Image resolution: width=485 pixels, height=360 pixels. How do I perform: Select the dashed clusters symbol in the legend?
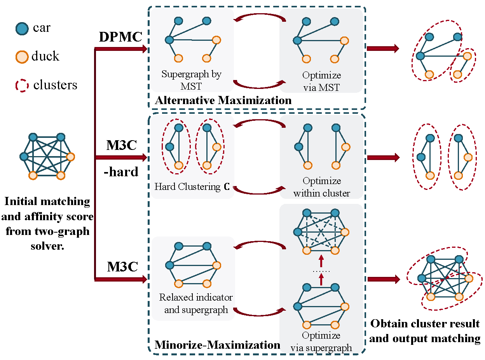point(22,85)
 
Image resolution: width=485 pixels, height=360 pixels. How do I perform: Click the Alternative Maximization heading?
point(223,101)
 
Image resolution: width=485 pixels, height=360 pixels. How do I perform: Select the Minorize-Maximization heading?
point(217,345)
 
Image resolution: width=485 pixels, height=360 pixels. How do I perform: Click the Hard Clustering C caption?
point(192,187)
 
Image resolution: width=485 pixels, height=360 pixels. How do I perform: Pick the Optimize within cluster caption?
point(322,187)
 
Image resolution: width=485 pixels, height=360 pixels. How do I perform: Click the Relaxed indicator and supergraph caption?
point(196,304)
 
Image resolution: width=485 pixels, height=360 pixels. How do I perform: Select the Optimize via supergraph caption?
point(321,342)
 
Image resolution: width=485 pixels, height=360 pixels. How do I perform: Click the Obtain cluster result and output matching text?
point(425,331)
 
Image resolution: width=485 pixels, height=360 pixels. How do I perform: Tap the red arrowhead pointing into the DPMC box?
point(144,49)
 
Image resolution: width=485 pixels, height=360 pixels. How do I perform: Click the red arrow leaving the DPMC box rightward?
point(383,49)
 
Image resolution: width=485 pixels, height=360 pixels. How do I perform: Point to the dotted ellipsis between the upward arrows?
point(321,270)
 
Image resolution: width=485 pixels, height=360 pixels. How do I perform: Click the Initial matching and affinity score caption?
point(47,223)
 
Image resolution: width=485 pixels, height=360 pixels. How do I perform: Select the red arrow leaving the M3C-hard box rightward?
point(383,157)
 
